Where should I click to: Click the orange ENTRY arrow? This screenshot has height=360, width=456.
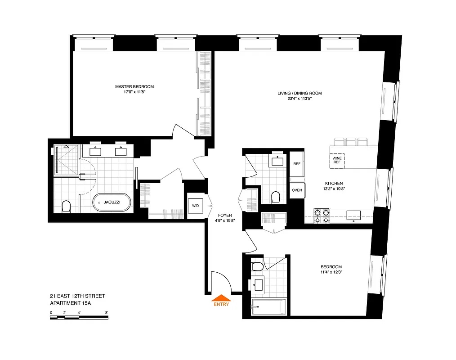coord(221,297)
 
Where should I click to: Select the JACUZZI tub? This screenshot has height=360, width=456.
coord(112,202)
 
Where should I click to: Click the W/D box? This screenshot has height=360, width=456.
coord(196,206)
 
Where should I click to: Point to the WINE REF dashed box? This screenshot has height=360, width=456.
coord(337,160)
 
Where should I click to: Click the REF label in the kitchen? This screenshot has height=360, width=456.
coord(297,164)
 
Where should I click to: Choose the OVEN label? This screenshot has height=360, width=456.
coord(297,190)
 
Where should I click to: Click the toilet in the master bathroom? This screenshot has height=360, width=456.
coord(66,207)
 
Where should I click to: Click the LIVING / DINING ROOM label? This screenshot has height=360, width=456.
coord(300,93)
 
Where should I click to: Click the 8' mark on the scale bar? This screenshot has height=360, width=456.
coord(107,312)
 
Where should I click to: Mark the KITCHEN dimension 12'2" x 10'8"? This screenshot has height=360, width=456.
coord(334,189)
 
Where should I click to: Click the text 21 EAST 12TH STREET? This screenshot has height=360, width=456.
coord(77,296)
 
